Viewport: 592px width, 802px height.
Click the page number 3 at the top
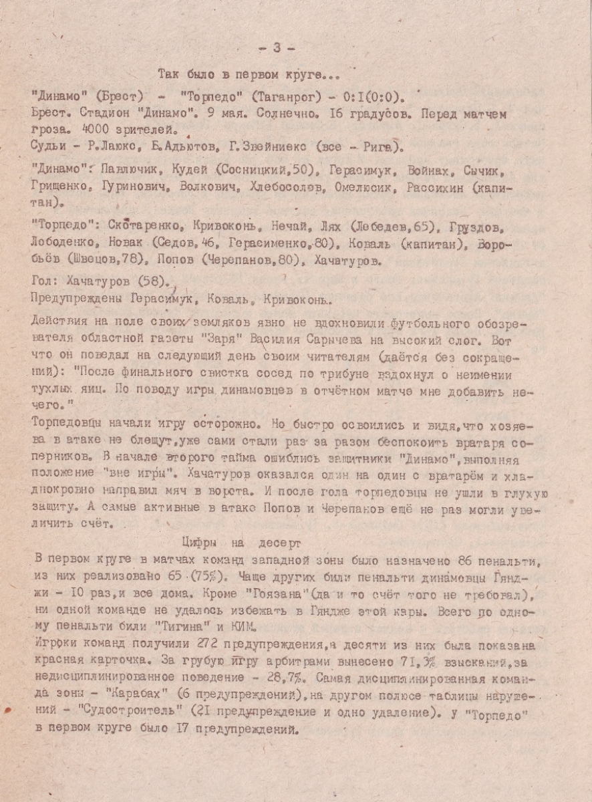coord(277,47)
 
